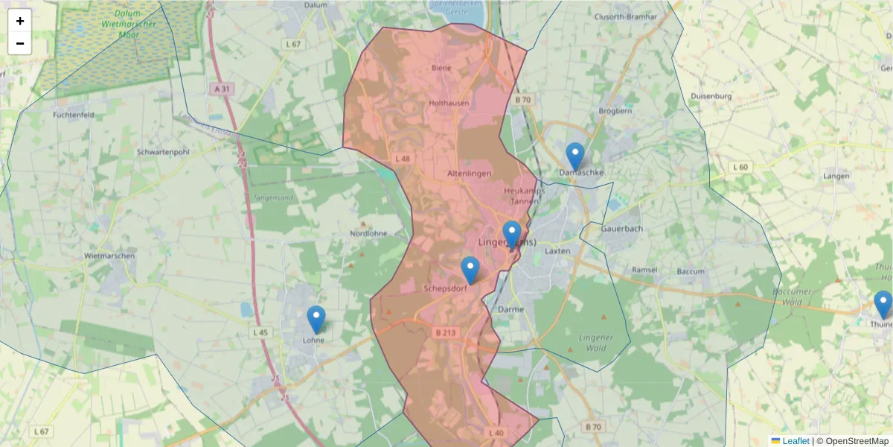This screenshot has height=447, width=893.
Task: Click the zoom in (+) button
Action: pyautogui.click(x=20, y=21)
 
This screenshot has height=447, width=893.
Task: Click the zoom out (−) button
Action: pyautogui.click(x=20, y=43)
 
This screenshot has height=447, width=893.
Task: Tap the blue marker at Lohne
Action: pyautogui.click(x=316, y=320)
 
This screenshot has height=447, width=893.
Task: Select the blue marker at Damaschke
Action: pyautogui.click(x=575, y=156)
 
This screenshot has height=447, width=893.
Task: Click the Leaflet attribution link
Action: pyautogui.click(x=796, y=441)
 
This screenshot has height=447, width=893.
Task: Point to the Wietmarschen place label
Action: pyautogui.click(x=109, y=256)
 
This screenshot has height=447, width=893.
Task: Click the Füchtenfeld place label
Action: pyautogui.click(x=73, y=115)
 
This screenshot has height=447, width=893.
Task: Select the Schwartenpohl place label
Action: pyautogui.click(x=164, y=152)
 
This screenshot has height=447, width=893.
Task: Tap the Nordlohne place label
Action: pyautogui.click(x=368, y=233)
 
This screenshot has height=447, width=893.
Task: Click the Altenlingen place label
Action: pyautogui.click(x=470, y=174)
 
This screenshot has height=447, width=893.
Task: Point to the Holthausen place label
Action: pyautogui.click(x=449, y=103)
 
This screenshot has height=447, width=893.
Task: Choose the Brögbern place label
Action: pyautogui.click(x=615, y=111)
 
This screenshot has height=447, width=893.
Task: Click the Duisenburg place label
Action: pyautogui.click(x=711, y=96)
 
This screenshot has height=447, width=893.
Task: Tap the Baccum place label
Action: pyautogui.click(x=691, y=271)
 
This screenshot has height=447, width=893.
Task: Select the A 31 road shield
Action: pyautogui.click(x=223, y=89)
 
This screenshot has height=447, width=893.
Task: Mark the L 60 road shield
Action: pyautogui.click(x=740, y=167)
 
